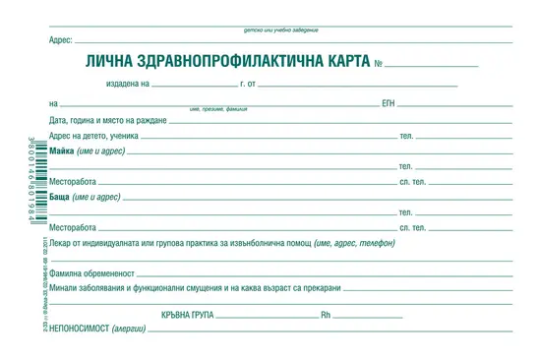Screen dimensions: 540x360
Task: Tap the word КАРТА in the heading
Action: click(x=340, y=62)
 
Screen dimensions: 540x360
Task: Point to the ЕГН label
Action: click(x=389, y=102)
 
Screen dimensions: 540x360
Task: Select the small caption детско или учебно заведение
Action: click(x=280, y=30)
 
